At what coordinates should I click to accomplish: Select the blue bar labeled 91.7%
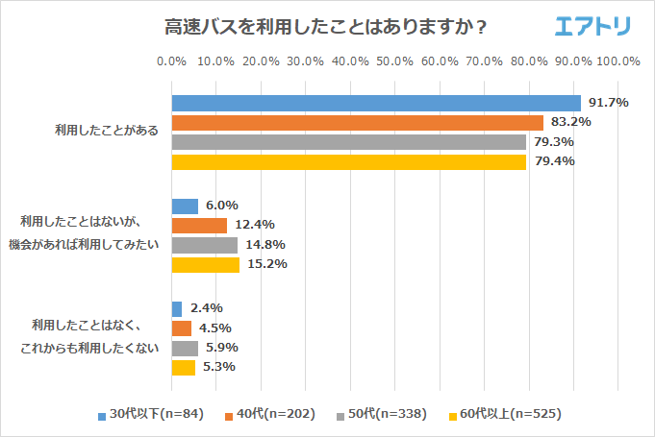[x=375, y=103]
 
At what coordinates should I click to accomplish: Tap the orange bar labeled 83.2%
[x=357, y=123]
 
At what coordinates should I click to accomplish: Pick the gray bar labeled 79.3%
[x=348, y=142]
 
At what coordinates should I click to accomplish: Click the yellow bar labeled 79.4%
[x=348, y=161]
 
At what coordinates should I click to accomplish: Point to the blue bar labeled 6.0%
[x=185, y=206]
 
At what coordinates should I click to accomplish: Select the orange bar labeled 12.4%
[x=199, y=226]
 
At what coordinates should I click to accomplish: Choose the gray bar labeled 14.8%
[x=204, y=245]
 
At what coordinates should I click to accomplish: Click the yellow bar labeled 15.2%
[x=205, y=264]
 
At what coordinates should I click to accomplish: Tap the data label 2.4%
[x=208, y=308]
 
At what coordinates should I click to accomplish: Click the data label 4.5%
[x=217, y=328]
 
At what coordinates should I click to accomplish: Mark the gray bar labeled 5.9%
[x=185, y=348]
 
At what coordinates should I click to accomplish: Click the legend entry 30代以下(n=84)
[x=154, y=415]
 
